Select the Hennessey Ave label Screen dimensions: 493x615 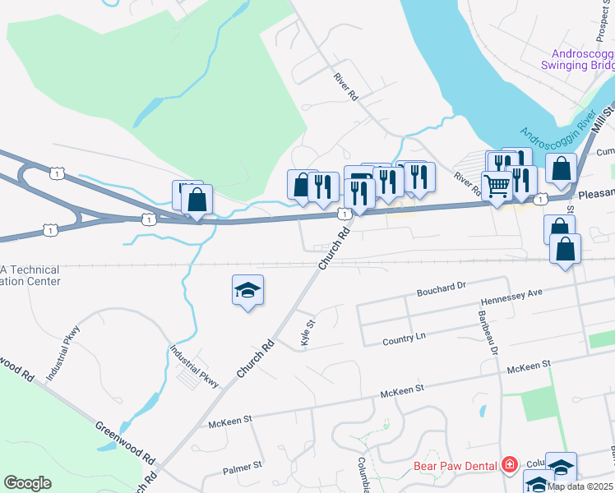pyautogui.click(x=512, y=293)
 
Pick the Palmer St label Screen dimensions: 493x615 pyautogui.click(x=242, y=470)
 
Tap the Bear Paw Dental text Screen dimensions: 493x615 pyautogui.click(x=455, y=466)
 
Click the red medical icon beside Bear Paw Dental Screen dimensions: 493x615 pyautogui.click(x=510, y=466)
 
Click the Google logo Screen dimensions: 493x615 pyautogui.click(x=27, y=483)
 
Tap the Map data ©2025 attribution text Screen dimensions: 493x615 pyautogui.click(x=579, y=486)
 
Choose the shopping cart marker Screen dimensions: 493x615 pyautogui.click(x=497, y=187)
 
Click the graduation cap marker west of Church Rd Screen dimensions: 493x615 pyautogui.click(x=247, y=291)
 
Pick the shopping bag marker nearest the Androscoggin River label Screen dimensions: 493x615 pyautogui.click(x=561, y=168)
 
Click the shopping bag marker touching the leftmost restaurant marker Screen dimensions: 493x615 pyautogui.click(x=302, y=185)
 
